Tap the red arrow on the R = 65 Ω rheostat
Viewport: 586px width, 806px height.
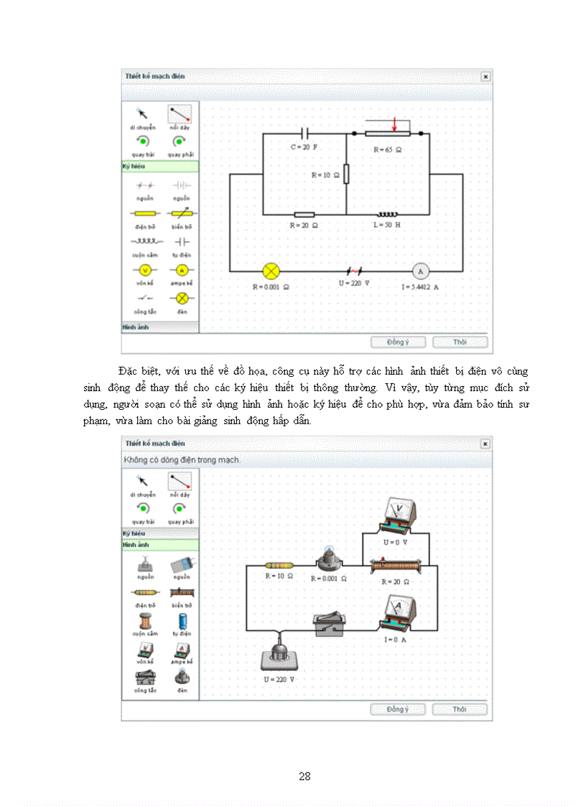(x=394, y=126)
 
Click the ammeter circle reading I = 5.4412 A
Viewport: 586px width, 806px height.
(x=420, y=271)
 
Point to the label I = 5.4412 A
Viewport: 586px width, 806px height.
(x=420, y=287)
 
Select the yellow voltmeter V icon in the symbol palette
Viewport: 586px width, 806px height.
(x=144, y=271)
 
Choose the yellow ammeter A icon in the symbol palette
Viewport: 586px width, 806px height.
(x=182, y=271)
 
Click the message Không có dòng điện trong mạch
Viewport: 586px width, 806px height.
(x=182, y=459)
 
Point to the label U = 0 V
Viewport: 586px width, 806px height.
(x=395, y=542)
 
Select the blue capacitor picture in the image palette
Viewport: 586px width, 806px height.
(x=182, y=622)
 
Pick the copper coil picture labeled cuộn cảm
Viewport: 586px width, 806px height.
(x=144, y=622)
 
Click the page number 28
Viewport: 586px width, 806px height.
(x=304, y=776)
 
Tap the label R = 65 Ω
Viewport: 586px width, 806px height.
(x=388, y=151)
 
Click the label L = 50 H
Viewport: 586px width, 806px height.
(x=386, y=225)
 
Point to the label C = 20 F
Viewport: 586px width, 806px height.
(x=304, y=146)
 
